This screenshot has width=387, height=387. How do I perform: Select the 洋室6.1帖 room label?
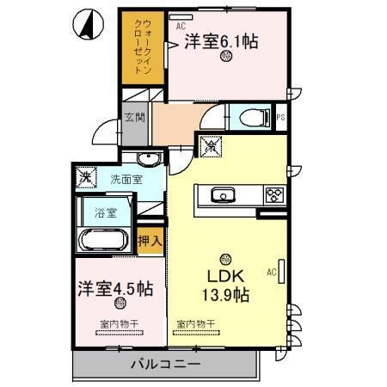(221, 40)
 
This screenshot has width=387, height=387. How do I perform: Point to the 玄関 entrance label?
(134, 118)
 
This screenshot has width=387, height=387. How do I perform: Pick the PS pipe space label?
(280, 117)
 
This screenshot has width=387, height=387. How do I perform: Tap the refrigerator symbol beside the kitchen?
(209, 148)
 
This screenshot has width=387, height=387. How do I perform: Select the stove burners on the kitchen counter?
(274, 194)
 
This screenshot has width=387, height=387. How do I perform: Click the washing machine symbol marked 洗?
(86, 178)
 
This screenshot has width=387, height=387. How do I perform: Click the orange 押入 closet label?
(150, 240)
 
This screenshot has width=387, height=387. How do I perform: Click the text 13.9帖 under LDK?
(225, 295)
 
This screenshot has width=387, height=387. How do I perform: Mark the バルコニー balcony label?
(165, 365)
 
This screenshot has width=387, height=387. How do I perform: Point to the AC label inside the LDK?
(270, 273)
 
